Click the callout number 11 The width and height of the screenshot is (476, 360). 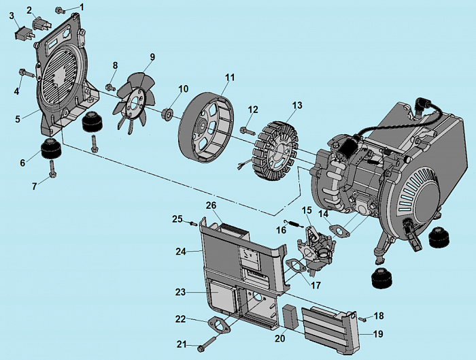(x=230, y=78)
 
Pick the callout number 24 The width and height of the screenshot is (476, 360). (x=180, y=251)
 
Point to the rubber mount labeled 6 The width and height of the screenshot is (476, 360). (x=50, y=148)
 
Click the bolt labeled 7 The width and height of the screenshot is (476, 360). (x=53, y=173)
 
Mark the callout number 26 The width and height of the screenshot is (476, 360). (x=211, y=205)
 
